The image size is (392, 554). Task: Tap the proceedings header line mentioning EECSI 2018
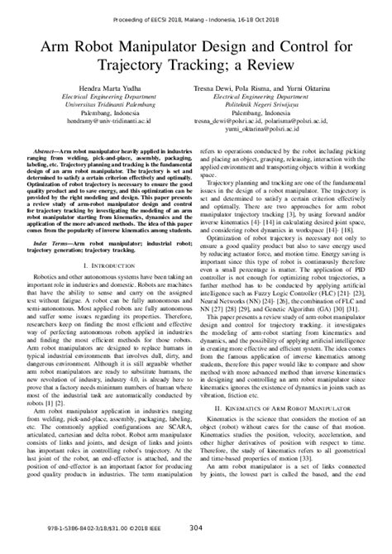(195, 11)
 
